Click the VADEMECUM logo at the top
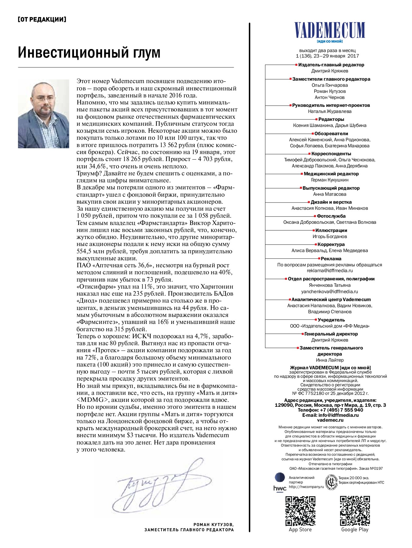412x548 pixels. (329, 30)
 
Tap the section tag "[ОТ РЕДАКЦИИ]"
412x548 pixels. (42, 19)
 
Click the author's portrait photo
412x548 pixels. (44, 114)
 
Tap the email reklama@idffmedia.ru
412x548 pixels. (329, 270)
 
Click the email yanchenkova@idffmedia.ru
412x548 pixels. (329, 291)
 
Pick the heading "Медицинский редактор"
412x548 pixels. (331, 174)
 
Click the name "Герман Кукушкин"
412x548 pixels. (329, 180)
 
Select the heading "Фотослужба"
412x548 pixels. (331, 216)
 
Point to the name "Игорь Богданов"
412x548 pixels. (329, 237)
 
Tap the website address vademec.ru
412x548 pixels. (330, 420)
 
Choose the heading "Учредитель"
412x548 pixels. (331, 320)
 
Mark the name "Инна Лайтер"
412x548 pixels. (329, 360)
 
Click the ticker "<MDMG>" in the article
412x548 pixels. (93, 400)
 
